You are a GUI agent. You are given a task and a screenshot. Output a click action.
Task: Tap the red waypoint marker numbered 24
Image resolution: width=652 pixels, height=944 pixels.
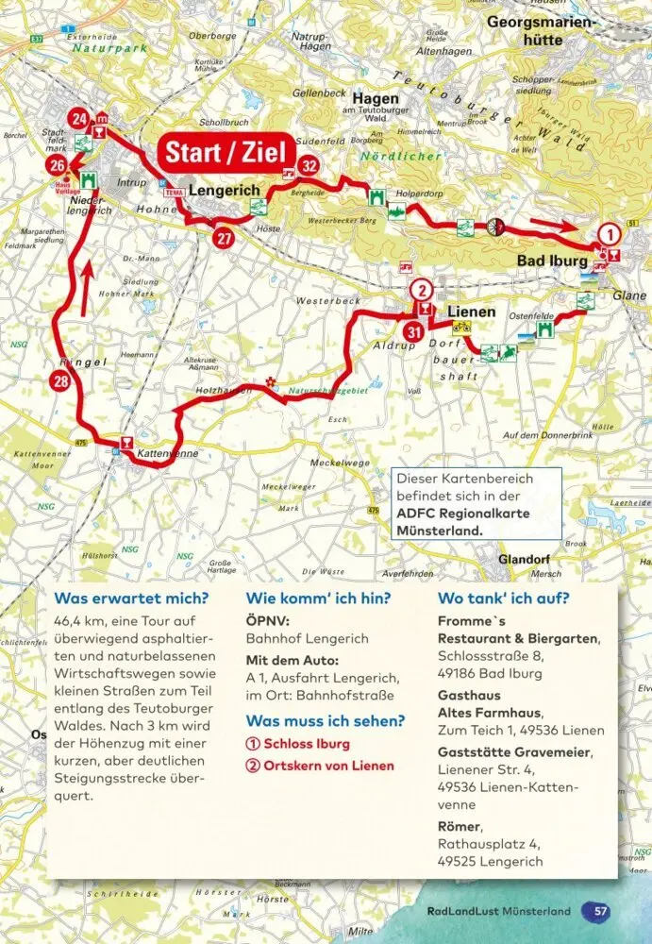pos(79,119)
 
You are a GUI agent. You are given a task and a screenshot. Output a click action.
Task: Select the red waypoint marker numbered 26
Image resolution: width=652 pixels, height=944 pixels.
pos(57,167)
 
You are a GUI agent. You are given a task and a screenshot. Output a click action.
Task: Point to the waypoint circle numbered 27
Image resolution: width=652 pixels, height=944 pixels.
pos(224,238)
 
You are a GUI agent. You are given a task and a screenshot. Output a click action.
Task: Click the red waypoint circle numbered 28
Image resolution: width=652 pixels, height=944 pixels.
pos(60,381)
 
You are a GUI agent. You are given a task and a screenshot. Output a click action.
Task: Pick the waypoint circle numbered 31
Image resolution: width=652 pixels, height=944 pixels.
pos(413,331)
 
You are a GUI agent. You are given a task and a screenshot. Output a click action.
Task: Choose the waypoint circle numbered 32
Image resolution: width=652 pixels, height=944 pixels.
pos(308,166)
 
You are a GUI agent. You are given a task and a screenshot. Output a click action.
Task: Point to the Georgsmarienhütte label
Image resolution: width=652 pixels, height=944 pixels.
pos(539,30)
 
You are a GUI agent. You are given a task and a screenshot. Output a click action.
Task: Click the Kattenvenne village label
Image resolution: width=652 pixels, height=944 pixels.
pos(167,454)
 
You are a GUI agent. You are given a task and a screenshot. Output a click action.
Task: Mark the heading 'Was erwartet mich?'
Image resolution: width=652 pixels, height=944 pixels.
pos(131,598)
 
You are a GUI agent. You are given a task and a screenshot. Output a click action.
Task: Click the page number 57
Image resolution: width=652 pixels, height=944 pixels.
pos(597,911)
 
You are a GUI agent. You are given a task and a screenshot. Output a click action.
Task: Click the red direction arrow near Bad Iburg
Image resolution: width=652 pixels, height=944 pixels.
pos(554,224)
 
